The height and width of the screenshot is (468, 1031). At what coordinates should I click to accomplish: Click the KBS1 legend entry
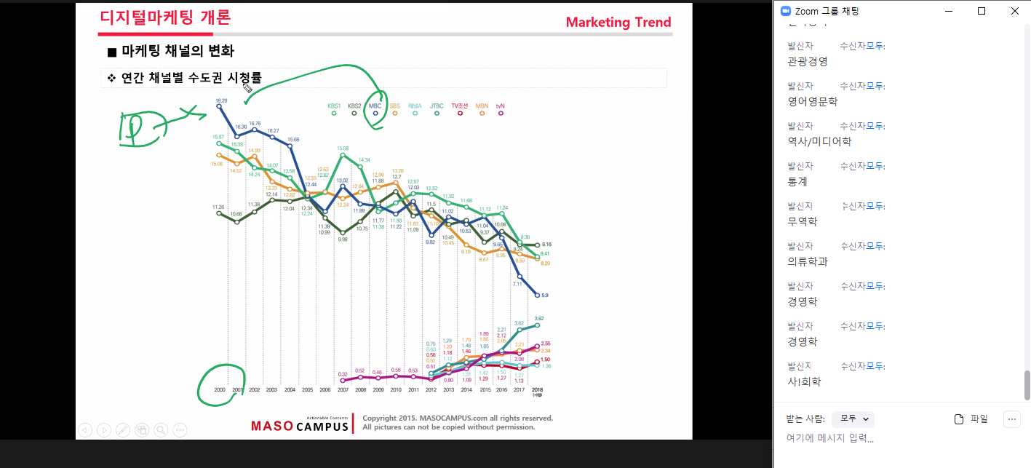tap(334, 106)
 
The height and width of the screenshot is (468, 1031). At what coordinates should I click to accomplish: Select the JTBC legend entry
tap(437, 106)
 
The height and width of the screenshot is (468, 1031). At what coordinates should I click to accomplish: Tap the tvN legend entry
tap(501, 106)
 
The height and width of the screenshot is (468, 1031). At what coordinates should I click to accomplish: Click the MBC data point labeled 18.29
tap(220, 106)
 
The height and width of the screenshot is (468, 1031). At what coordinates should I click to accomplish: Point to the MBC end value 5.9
tap(544, 295)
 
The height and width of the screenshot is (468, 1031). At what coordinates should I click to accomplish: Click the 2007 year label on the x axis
tap(342, 390)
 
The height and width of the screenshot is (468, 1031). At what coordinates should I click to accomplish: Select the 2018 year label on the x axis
tap(538, 390)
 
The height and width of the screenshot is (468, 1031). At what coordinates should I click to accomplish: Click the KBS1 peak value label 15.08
tap(343, 148)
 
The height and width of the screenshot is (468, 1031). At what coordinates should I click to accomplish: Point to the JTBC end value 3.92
tap(539, 318)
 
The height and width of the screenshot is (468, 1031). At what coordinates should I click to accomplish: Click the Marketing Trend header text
tap(618, 22)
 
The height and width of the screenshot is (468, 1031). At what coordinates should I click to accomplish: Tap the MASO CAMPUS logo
tap(300, 425)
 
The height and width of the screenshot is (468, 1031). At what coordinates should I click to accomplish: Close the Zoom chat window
tap(1015, 11)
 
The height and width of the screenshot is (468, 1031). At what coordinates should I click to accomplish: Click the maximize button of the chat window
tap(982, 11)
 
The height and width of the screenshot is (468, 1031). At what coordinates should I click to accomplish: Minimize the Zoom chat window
tap(948, 11)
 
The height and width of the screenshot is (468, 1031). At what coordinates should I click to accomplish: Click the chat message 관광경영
tap(807, 62)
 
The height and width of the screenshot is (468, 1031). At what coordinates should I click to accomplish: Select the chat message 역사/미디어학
tap(819, 142)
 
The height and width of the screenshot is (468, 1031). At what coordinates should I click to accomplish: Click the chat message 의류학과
tap(807, 261)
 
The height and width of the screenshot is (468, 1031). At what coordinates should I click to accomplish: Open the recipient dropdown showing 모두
tap(853, 419)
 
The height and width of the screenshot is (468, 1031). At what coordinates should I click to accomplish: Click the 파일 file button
tap(971, 419)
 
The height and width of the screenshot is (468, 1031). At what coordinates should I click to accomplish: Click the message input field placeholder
tap(829, 438)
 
